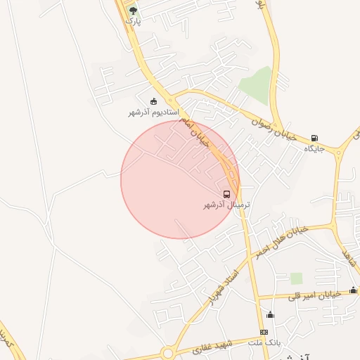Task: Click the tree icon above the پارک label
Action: [x=133, y=10]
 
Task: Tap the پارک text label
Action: [x=133, y=21]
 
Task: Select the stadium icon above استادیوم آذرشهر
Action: [x=154, y=101]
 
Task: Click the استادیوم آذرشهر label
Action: [x=154, y=112]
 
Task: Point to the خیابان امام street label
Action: [x=195, y=130]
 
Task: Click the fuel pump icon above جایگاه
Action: [x=314, y=138]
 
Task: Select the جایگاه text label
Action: [x=314, y=149]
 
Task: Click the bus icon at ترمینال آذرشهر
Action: [x=226, y=193]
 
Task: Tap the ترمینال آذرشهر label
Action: [x=226, y=205]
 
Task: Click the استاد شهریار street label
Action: [x=223, y=286]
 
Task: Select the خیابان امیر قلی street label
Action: [x=315, y=295]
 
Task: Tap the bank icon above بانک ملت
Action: [x=264, y=332]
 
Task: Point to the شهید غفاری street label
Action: [x=217, y=346]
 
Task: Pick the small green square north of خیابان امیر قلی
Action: [x=297, y=278]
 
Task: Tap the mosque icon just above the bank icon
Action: [x=270, y=314]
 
